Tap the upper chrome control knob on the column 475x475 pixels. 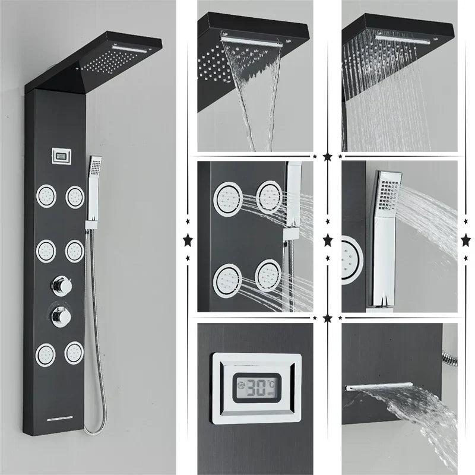point(58,286)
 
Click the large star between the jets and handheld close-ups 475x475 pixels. point(328,240)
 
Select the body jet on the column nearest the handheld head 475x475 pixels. point(75,197)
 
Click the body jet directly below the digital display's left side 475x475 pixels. point(46,197)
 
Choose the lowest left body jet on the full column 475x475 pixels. point(46,354)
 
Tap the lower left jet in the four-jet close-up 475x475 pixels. point(229,277)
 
